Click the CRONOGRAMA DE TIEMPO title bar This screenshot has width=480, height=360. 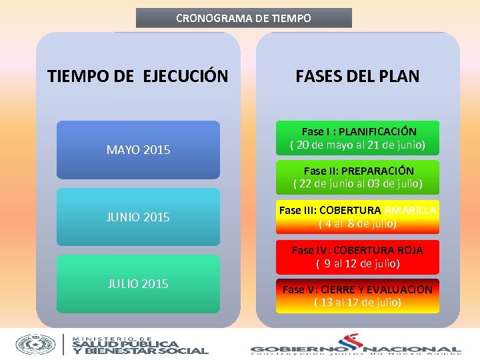243,18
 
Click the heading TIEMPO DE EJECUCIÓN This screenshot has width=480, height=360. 137,76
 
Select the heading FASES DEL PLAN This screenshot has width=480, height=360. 357,76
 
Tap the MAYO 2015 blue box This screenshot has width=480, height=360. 138,150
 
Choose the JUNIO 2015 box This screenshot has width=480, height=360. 138,217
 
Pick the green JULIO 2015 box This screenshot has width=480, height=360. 138,284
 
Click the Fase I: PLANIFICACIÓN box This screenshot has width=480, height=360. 357,138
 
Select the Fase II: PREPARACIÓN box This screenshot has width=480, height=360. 357,177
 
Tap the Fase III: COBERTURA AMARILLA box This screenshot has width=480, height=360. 357,217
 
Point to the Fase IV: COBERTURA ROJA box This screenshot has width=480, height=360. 357,257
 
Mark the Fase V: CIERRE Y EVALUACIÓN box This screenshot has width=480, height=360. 357,296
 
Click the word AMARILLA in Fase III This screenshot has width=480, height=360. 411,210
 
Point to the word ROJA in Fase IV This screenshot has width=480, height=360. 410,250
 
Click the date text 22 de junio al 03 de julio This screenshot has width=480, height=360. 357,184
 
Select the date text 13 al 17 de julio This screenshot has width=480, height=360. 357,303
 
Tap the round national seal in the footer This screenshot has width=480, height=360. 36,343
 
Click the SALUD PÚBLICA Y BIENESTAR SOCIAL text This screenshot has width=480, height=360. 140,345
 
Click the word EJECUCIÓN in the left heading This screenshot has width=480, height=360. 185,76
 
